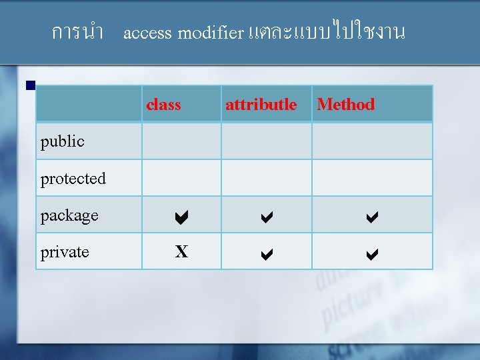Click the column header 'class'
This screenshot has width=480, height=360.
point(163,104)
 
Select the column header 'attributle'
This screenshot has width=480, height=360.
point(261,104)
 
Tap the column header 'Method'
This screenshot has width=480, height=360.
point(345,104)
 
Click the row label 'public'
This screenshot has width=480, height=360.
point(62,141)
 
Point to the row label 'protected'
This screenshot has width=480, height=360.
point(73,179)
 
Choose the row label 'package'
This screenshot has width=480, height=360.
point(69,215)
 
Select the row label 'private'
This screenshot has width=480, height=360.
point(65,252)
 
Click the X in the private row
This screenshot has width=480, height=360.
point(181,252)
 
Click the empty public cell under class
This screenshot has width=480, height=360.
point(181,141)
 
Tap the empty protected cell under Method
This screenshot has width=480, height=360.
point(372,178)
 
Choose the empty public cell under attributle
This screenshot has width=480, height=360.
point(266,141)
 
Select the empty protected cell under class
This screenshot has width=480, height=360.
point(181,178)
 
